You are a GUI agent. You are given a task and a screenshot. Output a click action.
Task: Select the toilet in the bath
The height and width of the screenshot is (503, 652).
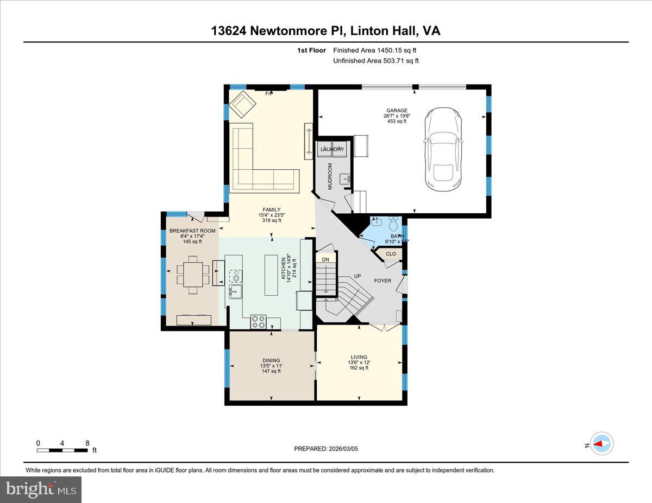point(394,223)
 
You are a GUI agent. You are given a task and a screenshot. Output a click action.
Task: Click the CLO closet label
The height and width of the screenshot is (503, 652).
point(391,253)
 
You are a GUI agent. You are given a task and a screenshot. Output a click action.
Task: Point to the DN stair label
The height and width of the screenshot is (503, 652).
point(325,260)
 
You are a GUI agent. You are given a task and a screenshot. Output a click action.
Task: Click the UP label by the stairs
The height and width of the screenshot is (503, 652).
point(358,276)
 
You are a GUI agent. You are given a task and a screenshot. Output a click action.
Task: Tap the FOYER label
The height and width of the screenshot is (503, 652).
point(383,281)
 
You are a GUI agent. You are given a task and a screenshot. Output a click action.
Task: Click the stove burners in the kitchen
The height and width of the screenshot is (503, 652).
point(258,322)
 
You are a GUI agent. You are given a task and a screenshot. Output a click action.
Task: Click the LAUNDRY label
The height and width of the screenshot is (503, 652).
point(331,149)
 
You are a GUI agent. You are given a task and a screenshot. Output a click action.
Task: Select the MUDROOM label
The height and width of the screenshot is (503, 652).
point(329,177)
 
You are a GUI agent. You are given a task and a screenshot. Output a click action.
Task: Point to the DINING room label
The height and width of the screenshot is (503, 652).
point(271,360)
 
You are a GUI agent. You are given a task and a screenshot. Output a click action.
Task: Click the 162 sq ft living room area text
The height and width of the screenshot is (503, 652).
point(359,368)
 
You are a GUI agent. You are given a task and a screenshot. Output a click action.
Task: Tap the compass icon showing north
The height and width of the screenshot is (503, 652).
point(601,444)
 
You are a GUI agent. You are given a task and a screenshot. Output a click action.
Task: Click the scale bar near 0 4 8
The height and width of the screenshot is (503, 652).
point(62,450)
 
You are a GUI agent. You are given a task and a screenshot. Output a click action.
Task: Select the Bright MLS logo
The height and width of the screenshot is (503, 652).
point(41,489)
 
